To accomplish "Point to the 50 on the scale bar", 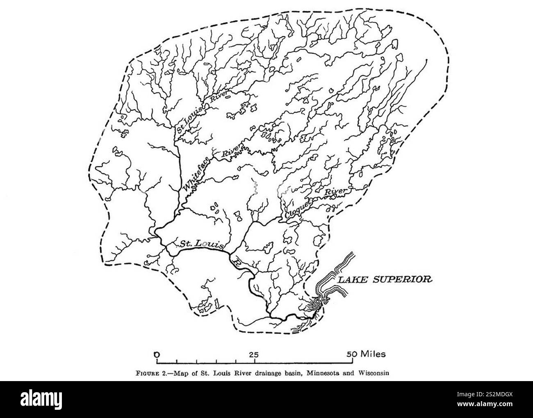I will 352,354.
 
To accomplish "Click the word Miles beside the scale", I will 373,354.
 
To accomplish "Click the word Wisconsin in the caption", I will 370,373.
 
